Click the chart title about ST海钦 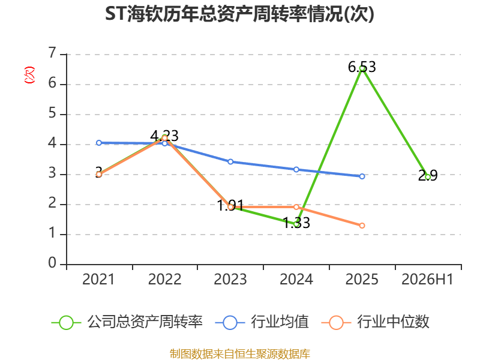click(239, 14)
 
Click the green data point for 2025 click(362, 68)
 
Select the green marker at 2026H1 click(428, 177)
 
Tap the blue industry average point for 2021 click(99, 143)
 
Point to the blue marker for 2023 click(230, 161)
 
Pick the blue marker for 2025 click(362, 176)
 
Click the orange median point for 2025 click(362, 226)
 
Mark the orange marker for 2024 click(296, 207)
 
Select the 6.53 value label click(362, 67)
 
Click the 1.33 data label click(296, 223)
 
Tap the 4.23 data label click(164, 136)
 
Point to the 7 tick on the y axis click(53, 53)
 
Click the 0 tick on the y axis click(52, 263)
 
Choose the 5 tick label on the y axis click(52, 113)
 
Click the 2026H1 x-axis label click(427, 279)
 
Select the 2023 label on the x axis click(230, 279)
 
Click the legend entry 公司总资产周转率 click(127, 322)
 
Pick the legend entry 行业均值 click(262, 322)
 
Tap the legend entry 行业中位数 click(376, 322)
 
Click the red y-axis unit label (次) click(29, 75)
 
